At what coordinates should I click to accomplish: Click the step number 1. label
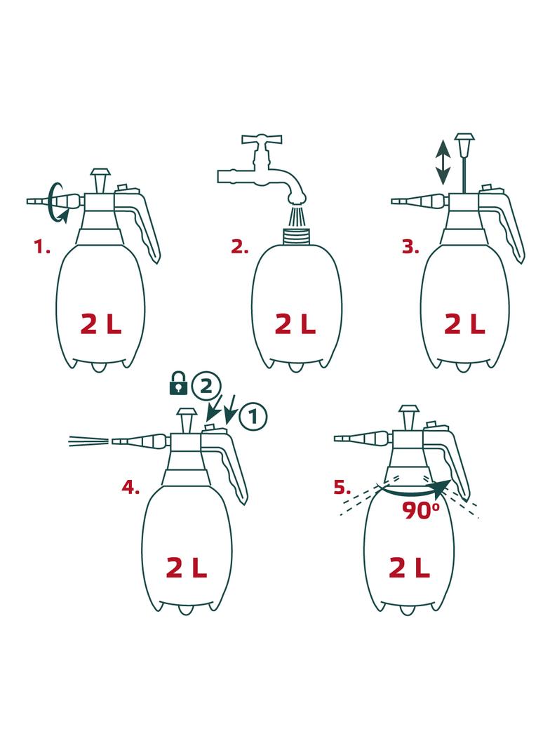point(41,247)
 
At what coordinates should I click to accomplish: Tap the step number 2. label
point(240,247)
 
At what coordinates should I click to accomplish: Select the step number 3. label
point(410,247)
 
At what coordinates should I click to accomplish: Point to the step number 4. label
point(130,488)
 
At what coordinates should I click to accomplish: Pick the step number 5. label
point(342,488)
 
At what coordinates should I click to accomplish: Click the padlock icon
point(178,383)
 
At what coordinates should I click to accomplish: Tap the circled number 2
point(206,386)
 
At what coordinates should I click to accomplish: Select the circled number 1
point(253,418)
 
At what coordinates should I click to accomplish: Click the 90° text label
point(420,511)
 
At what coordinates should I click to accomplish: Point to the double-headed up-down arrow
point(443,162)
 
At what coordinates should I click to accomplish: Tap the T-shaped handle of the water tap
point(262,141)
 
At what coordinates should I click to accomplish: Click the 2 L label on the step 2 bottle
point(296,325)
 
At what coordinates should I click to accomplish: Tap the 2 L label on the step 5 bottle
point(409,568)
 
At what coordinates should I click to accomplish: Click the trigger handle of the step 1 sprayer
point(143,225)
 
